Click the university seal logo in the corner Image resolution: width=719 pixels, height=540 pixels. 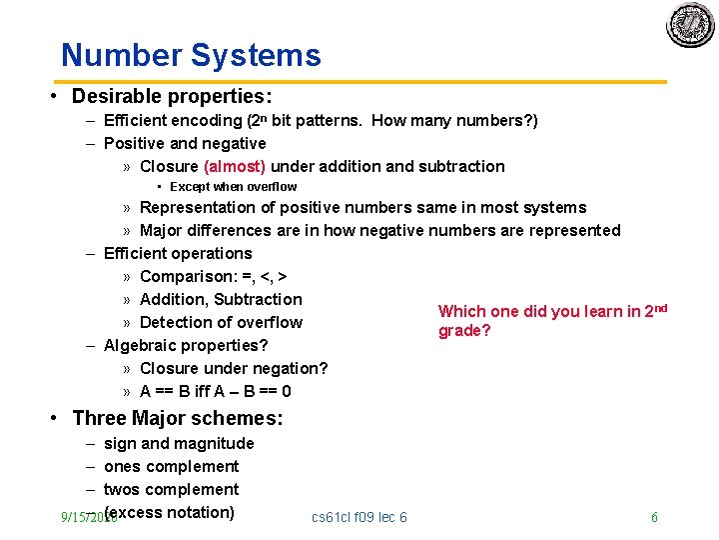point(690,25)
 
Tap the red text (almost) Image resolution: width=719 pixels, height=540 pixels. point(235,166)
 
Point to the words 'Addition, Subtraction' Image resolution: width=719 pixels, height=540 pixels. point(221,299)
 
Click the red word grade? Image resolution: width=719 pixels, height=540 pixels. point(464,331)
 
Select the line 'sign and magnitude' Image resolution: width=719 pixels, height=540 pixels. point(179,443)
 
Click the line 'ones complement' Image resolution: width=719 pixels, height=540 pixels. point(171,466)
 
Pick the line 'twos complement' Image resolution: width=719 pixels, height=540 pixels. point(171,489)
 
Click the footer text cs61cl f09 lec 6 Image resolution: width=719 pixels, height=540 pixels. point(359,517)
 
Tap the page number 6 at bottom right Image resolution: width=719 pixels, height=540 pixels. point(654,517)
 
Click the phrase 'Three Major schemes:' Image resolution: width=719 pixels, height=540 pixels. point(178,418)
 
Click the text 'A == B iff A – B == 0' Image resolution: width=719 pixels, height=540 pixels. point(216,391)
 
